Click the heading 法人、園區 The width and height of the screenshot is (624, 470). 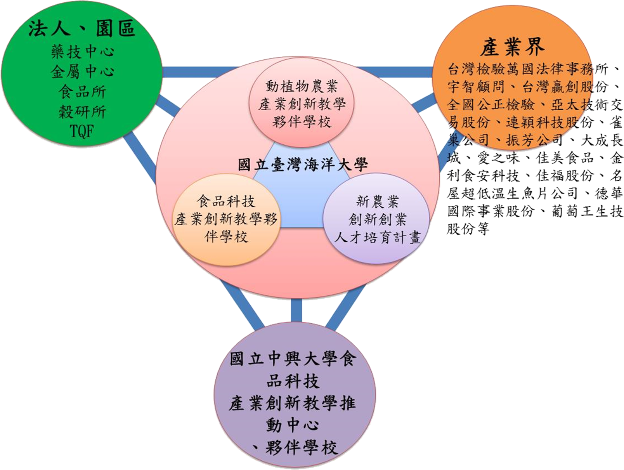pos(81,29)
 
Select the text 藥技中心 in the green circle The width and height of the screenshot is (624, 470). pos(83,52)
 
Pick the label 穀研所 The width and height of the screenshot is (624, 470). pos(83,111)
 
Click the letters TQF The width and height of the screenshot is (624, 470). pos(82,131)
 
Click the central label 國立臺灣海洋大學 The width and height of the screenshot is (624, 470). pos(303,165)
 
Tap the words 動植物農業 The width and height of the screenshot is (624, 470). pos(302,86)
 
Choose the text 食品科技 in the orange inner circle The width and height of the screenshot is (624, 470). pos(226,201)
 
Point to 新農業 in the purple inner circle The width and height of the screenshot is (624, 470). pos(378,201)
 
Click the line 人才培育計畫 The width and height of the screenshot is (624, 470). pos(378,237)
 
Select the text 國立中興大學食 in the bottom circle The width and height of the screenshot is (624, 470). pos(293,359)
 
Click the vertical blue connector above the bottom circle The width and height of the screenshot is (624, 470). pos(296,311)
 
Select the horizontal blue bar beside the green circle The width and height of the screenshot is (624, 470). pos(199,72)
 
